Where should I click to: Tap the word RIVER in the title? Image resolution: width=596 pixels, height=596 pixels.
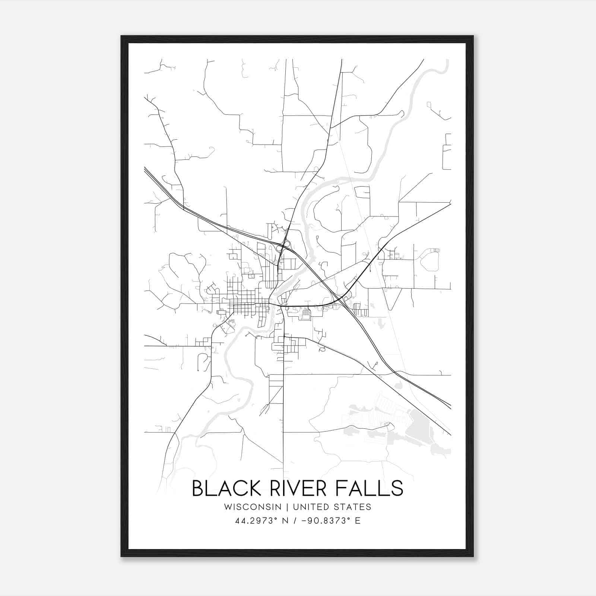289,488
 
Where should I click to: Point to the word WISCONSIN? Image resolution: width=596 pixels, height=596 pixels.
253,507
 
